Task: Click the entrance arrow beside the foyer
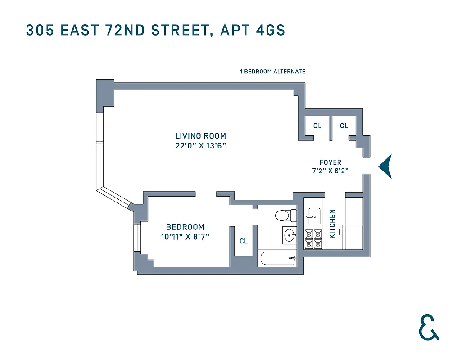click(385, 166)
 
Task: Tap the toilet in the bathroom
click(284, 216)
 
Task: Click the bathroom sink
click(290, 234)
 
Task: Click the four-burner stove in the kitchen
click(314, 239)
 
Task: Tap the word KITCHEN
click(332, 224)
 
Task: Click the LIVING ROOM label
click(201, 136)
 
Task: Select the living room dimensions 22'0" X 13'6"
click(201, 146)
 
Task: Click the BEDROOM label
click(185, 227)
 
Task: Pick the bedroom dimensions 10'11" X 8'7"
click(185, 237)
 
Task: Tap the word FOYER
click(330, 162)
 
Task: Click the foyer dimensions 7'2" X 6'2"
click(330, 171)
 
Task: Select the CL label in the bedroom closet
click(244, 241)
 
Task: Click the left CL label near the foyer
click(317, 126)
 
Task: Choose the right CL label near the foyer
click(344, 126)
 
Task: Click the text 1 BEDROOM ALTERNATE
click(273, 72)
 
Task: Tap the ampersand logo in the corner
click(429, 327)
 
